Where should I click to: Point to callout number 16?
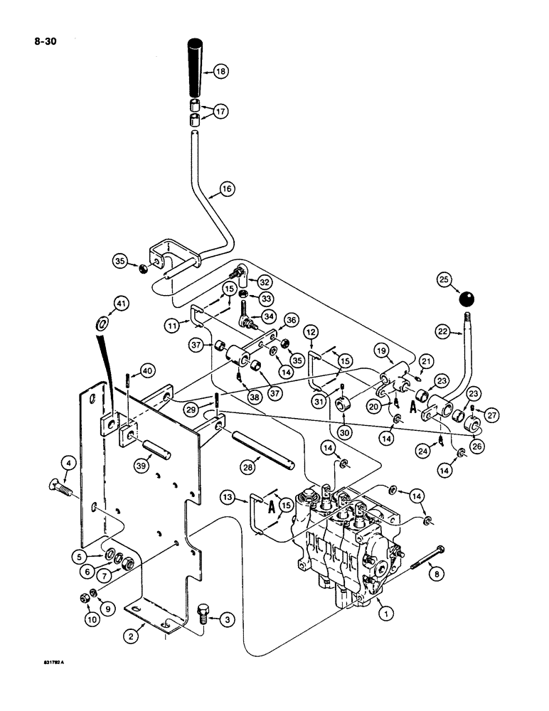226,189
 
